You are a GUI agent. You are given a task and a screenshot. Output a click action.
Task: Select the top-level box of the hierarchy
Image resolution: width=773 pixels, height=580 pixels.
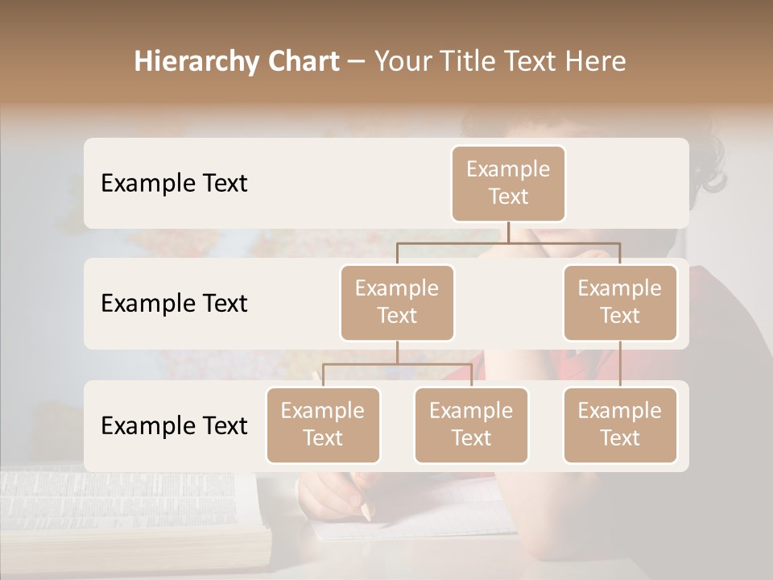pyautogui.click(x=508, y=184)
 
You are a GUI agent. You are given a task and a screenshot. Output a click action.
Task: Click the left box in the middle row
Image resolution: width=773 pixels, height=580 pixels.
pyautogui.click(x=397, y=303)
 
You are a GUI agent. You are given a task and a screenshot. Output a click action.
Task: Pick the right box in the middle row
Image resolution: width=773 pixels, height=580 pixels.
pyautogui.click(x=620, y=303)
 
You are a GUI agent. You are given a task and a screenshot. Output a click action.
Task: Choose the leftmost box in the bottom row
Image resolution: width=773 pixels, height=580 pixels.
pyautogui.click(x=323, y=425)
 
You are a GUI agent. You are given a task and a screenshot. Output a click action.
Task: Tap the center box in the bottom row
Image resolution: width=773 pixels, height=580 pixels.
pyautogui.click(x=471, y=425)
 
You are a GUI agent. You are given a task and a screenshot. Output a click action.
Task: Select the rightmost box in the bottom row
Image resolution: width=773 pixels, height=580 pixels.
pyautogui.click(x=620, y=425)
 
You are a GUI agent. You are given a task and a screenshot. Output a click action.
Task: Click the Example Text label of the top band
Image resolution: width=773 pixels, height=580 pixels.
pyautogui.click(x=174, y=184)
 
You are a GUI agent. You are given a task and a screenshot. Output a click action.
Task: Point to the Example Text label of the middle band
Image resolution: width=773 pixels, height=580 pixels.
pyautogui.click(x=174, y=304)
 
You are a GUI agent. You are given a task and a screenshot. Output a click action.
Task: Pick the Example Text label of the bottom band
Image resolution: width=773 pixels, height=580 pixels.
pyautogui.click(x=174, y=425)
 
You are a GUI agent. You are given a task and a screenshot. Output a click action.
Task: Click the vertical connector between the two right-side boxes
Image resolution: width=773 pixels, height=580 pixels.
pyautogui.click(x=620, y=364)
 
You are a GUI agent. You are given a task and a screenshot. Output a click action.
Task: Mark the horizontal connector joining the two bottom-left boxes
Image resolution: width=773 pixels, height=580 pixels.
pyautogui.click(x=397, y=364)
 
